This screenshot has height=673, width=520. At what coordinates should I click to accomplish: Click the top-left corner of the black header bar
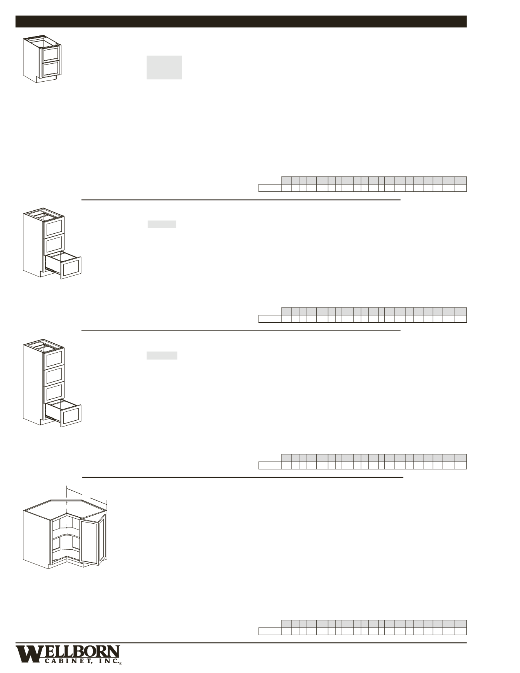coord(16,16)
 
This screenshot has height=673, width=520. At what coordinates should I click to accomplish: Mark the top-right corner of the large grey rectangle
coord(182,56)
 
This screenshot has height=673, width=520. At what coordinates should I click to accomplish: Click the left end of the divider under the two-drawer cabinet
coord(82,200)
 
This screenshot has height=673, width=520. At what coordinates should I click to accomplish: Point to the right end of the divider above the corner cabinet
coord(403,477)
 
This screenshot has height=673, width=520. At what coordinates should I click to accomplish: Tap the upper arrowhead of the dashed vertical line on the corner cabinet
coord(67,502)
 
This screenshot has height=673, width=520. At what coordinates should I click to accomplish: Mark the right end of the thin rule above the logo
coord(466,643)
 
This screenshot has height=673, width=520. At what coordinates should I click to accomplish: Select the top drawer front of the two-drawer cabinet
coord(51,53)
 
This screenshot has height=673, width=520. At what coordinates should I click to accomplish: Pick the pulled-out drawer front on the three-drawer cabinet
coord(70,267)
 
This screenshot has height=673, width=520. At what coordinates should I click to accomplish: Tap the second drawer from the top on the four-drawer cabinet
coord(55,375)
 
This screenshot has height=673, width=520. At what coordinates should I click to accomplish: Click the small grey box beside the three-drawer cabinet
coord(162,224)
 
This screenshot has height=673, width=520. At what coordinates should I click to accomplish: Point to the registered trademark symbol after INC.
coord(120,664)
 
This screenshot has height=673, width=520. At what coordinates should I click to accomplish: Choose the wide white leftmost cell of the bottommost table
coord(270,631)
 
